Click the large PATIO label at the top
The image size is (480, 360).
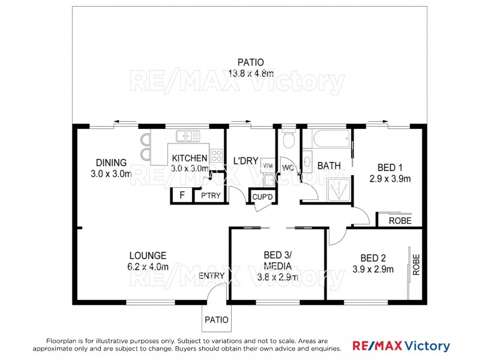click(250, 62)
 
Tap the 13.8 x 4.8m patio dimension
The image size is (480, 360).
click(250, 74)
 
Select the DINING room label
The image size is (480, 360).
click(111, 163)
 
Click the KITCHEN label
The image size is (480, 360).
click(190, 158)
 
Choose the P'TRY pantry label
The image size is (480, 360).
click(209, 196)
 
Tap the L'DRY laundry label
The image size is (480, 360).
click(245, 161)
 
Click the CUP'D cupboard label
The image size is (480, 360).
click(263, 196)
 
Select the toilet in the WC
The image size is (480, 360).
click(288, 140)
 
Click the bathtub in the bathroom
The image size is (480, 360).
click(327, 140)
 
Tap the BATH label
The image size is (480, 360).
click(329, 166)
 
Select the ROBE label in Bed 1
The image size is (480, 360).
click(400, 221)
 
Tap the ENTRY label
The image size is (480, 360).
click(212, 276)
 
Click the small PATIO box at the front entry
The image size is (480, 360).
click(217, 320)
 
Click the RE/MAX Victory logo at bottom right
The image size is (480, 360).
click(400, 346)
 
